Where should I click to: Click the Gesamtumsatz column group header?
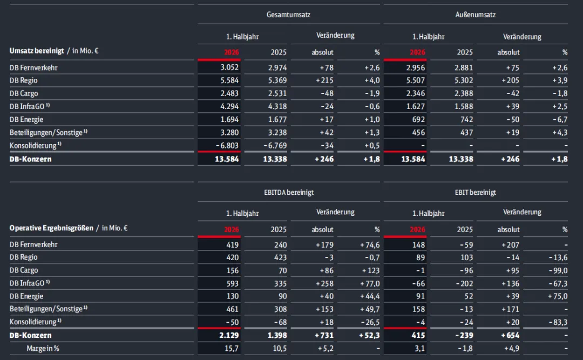click(x=288, y=15)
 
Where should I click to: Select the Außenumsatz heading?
click(x=475, y=15)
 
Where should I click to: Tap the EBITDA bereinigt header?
click(x=289, y=192)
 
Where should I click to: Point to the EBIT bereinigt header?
click(x=475, y=192)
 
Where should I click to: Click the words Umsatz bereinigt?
click(x=37, y=51)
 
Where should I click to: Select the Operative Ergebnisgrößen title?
click(x=51, y=228)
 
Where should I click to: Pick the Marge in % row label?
click(x=43, y=349)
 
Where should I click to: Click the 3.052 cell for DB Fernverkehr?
click(x=229, y=67)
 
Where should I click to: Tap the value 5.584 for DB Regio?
click(x=229, y=80)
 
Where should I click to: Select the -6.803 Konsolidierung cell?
click(x=227, y=145)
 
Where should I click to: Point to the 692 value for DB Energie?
click(x=418, y=119)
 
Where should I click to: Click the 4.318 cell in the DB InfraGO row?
click(x=277, y=106)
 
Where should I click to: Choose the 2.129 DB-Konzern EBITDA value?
click(x=229, y=335)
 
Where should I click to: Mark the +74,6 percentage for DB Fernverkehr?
click(x=370, y=244)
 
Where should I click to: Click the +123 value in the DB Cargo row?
click(x=371, y=270)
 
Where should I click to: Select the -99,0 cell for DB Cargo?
click(x=558, y=270)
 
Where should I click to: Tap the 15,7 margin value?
click(x=232, y=349)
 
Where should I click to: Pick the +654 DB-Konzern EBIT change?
click(x=510, y=335)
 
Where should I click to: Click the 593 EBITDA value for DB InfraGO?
click(x=232, y=283)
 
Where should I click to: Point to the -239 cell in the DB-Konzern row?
click(x=464, y=335)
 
